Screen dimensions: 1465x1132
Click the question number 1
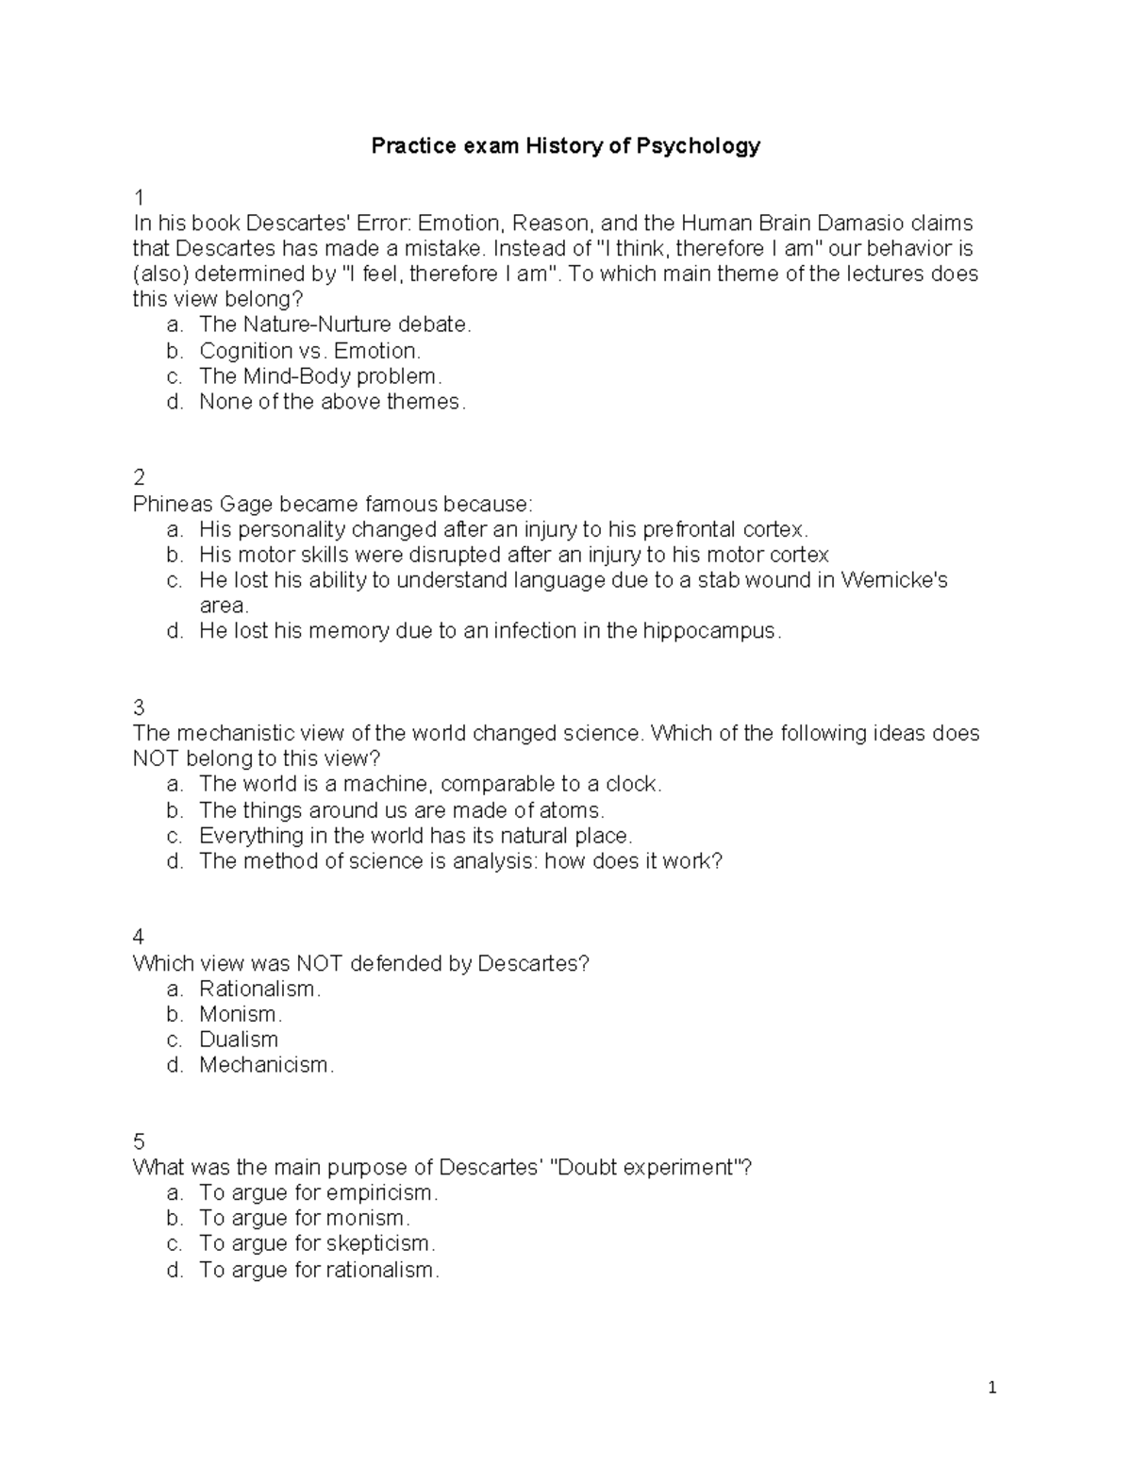point(139,198)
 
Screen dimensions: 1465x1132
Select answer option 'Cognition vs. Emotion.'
point(309,351)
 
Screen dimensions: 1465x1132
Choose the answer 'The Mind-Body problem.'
point(320,376)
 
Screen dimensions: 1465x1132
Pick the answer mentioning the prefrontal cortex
point(504,528)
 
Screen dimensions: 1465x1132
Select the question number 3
point(139,708)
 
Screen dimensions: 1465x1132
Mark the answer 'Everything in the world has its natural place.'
point(415,836)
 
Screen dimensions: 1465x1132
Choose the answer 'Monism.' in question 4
point(241,1014)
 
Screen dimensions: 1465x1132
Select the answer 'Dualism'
point(239,1040)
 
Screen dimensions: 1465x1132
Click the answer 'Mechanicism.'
point(266,1065)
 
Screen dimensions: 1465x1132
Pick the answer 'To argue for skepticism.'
point(317,1243)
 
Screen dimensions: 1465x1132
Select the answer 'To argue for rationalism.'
point(319,1270)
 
